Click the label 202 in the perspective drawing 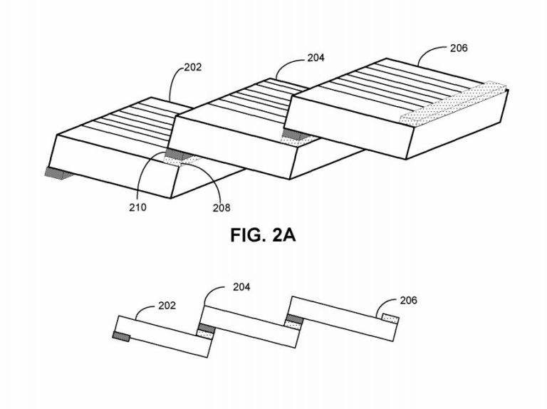point(193,67)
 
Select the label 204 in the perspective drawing point(316,58)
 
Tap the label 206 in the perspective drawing point(459,48)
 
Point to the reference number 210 point(137,207)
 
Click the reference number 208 point(222,208)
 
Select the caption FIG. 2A point(263,235)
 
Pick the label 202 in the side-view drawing point(167,306)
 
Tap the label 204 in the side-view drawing point(241,287)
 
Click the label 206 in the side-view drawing point(409,301)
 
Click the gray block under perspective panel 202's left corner point(58,173)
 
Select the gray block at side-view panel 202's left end point(121,337)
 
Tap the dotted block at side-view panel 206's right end point(390,319)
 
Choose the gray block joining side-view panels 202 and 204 point(206,328)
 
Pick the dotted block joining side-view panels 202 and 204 point(205,334)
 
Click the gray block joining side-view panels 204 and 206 point(295,319)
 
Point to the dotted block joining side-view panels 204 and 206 point(293,325)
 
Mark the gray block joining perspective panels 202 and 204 point(178,153)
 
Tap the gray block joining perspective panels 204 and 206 point(296,135)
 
